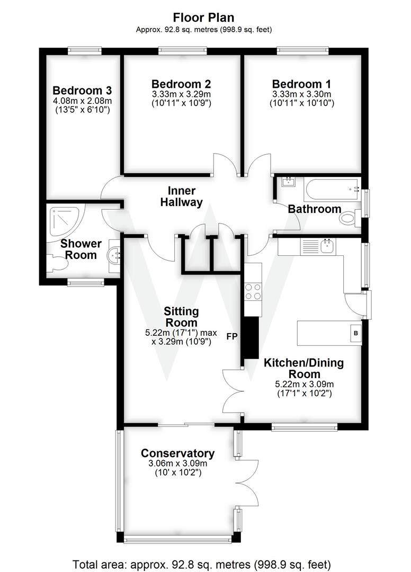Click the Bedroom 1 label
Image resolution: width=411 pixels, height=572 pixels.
click(x=301, y=84)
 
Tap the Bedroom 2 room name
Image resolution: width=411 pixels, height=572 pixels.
click(x=181, y=84)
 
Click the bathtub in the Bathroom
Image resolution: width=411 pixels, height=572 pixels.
click(x=330, y=187)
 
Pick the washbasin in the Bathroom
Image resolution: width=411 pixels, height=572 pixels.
click(x=289, y=183)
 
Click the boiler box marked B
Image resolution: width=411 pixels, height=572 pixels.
click(x=356, y=334)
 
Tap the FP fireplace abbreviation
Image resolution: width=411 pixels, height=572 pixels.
click(x=232, y=336)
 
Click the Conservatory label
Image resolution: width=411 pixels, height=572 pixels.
click(x=177, y=453)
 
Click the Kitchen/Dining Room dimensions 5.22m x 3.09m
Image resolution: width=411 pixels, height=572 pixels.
click(x=304, y=384)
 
